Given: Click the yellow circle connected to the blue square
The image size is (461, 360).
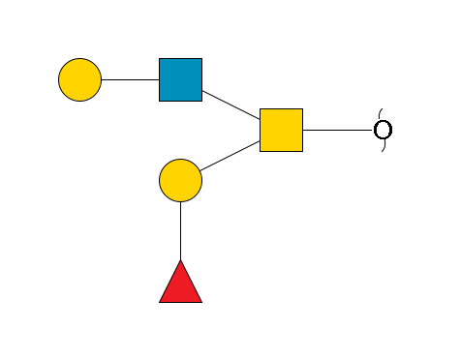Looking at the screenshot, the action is coord(79,79).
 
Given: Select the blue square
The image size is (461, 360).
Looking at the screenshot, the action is coord(180,79).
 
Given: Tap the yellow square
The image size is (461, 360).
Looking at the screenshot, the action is coord(281,130).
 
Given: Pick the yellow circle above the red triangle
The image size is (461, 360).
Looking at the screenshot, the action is coord(180,180).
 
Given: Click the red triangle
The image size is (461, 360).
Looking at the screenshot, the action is coord(180,285).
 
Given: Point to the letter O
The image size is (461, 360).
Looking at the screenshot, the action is coord(383,130).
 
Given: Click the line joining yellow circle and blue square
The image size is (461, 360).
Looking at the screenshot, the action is coord(130,79).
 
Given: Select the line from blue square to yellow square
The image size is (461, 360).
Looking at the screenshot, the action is coord(230,105).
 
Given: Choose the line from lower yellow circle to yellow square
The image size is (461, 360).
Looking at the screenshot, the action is coord(230,155).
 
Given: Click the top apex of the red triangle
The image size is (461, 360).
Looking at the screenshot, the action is coord(180,261).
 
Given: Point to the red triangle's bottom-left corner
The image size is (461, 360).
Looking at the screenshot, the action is coord(160,302).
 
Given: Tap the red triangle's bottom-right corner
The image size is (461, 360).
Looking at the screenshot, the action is coord(201,302).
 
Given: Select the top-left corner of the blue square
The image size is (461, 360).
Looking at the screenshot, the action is coord(160,59).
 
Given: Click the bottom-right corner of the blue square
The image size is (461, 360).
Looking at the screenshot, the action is coord(201,101).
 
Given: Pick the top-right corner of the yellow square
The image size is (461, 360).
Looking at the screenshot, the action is coord(302,109).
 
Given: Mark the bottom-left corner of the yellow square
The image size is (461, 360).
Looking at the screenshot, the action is coord(261,151).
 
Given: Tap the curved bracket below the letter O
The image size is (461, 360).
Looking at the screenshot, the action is coord(383,148).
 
